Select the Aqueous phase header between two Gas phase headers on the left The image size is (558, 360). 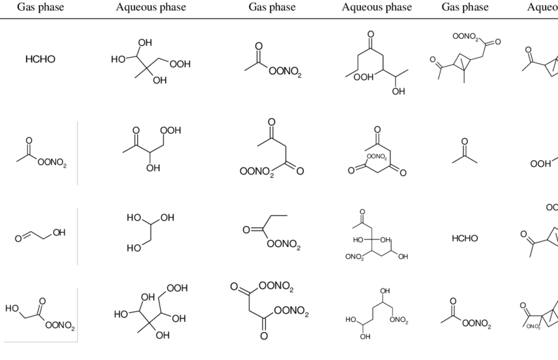(x=151, y=7)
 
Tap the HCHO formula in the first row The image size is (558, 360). (x=40, y=59)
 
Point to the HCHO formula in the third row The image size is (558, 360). (x=465, y=238)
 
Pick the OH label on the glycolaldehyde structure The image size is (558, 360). (x=59, y=232)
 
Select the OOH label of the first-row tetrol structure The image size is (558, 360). (x=179, y=64)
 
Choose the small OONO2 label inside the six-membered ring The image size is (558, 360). (x=376, y=157)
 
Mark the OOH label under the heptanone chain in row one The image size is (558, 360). (x=363, y=78)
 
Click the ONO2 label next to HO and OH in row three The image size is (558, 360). (x=354, y=257)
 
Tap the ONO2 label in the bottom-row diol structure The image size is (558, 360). (x=398, y=320)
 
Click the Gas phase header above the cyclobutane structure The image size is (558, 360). (x=465, y=7)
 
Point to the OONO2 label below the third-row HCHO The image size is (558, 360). (x=474, y=323)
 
